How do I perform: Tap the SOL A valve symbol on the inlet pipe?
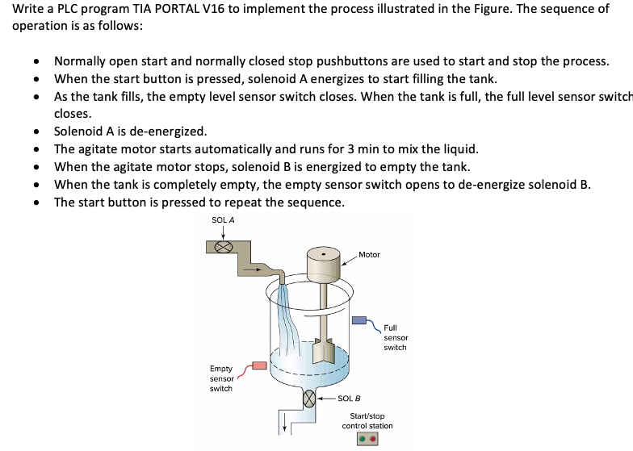pos(223,246)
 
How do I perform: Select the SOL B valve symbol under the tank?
pos(308,399)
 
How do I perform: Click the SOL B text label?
pos(349,399)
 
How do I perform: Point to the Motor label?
pos(369,255)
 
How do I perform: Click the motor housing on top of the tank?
pos(325,260)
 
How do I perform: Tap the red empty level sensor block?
pos(259,366)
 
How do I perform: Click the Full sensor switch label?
pos(395,337)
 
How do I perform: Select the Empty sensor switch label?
pos(221,378)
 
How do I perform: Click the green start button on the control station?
pos(363,441)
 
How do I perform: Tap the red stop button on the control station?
pos(374,441)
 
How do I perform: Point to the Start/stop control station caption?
pos(367,420)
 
